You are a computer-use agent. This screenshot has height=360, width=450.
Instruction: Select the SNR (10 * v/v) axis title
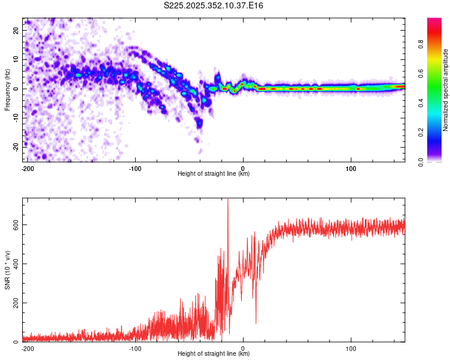point(7,270)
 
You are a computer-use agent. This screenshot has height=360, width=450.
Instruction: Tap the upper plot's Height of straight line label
point(214,173)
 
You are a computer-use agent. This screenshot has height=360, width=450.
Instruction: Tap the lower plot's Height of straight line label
point(214,353)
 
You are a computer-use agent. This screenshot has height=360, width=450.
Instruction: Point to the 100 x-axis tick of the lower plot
point(350,348)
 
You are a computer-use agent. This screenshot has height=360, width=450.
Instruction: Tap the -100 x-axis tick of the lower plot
point(135,348)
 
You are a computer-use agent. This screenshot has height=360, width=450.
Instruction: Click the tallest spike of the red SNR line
point(228,200)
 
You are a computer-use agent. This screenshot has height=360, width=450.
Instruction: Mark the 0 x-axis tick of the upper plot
point(243,168)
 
